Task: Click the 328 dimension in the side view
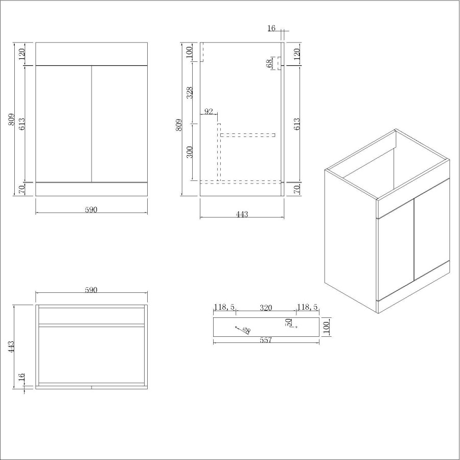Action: pos(190,93)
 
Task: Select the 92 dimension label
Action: pos(209,111)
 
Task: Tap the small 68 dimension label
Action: pos(269,63)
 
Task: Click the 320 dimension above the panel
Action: pos(266,308)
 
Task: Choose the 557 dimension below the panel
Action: pos(266,340)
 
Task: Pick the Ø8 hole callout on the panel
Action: pos(246,330)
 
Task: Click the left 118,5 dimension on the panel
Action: pos(224,308)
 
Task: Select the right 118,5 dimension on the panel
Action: pos(307,308)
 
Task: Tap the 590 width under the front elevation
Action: pos(91,209)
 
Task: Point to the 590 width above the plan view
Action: pos(91,290)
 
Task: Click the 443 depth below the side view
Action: pos(242,214)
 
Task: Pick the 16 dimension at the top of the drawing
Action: pos(271,29)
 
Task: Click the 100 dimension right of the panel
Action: pos(327,326)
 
